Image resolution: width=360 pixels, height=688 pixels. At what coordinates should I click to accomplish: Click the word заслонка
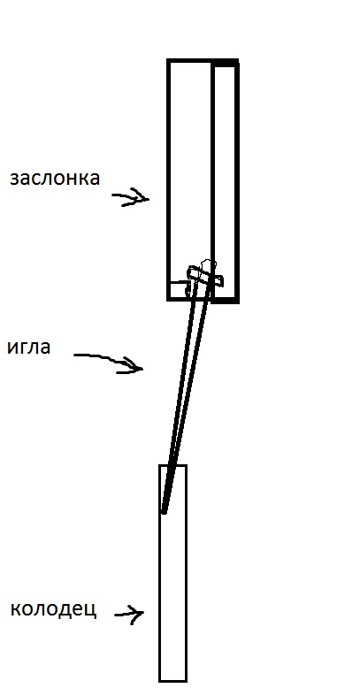pyautogui.click(x=55, y=179)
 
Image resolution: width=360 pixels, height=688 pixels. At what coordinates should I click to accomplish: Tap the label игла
pyautogui.click(x=29, y=348)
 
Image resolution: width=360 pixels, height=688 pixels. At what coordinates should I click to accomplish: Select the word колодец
pyautogui.click(x=53, y=609)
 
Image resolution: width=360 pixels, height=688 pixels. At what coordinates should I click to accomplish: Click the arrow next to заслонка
pyautogui.click(x=131, y=197)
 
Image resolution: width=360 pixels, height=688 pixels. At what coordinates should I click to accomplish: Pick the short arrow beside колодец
pyautogui.click(x=129, y=614)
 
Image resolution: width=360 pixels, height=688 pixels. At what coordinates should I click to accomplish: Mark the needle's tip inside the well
pyautogui.click(x=164, y=512)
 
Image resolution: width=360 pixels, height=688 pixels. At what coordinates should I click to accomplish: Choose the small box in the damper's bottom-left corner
pyautogui.click(x=177, y=290)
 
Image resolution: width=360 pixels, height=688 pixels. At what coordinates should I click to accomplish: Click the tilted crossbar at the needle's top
pyautogui.click(x=205, y=277)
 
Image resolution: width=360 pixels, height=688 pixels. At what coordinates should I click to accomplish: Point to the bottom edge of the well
pyautogui.click(x=173, y=681)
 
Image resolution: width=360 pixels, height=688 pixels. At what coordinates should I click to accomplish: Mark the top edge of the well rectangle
pyautogui.click(x=173, y=465)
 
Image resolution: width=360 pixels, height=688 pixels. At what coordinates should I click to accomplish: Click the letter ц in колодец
pyautogui.click(x=90, y=611)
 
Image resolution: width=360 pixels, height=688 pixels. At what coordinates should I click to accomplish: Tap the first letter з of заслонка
pyautogui.click(x=14, y=179)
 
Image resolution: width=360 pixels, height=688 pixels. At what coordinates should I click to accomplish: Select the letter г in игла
pyautogui.click(x=25, y=348)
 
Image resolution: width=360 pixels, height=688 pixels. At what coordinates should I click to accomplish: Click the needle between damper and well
pyautogui.click(x=184, y=395)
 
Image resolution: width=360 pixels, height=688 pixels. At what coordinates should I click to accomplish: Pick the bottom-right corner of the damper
pyautogui.click(x=237, y=301)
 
